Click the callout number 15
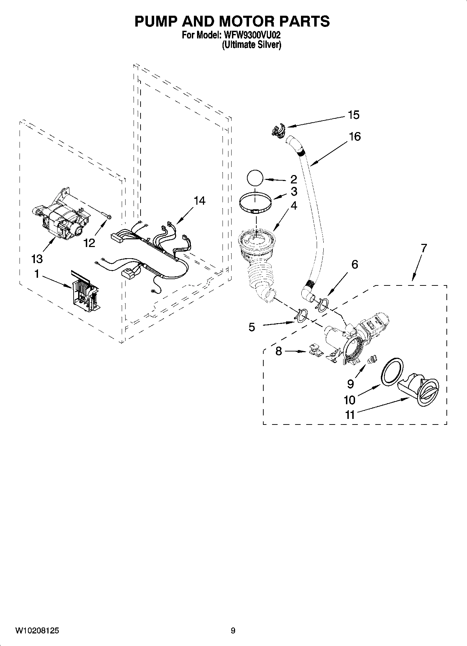point(353,115)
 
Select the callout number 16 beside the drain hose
point(354,137)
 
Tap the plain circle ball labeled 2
point(255,179)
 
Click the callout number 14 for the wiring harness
point(199,201)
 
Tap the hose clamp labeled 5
point(301,315)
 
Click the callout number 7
point(423,248)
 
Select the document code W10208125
point(37,631)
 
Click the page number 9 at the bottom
point(233,631)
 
